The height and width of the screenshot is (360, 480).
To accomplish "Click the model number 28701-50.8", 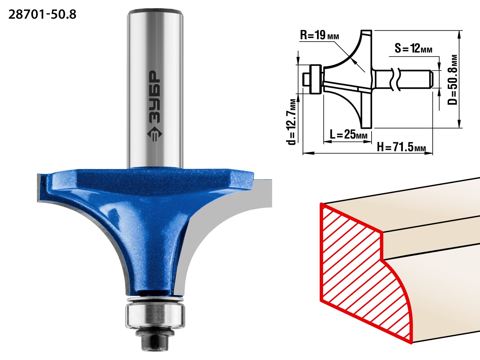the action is pyautogui.click(x=43, y=15).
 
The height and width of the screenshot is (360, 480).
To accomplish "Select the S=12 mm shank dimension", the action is pyautogui.click(x=413, y=48).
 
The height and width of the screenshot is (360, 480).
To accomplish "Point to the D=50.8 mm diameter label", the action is pyautogui.click(x=452, y=80).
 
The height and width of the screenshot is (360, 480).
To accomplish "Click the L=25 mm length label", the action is pyautogui.click(x=348, y=134).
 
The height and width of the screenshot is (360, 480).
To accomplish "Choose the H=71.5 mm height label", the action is pyautogui.click(x=402, y=147).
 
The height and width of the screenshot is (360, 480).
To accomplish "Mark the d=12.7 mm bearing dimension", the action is pyautogui.click(x=291, y=122).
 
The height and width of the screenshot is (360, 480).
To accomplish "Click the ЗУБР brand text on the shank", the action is pyautogui.click(x=154, y=97).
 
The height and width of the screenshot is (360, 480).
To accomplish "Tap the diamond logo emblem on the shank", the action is pyautogui.click(x=154, y=134).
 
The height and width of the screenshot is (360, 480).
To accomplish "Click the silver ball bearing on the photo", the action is pyautogui.click(x=155, y=316).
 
